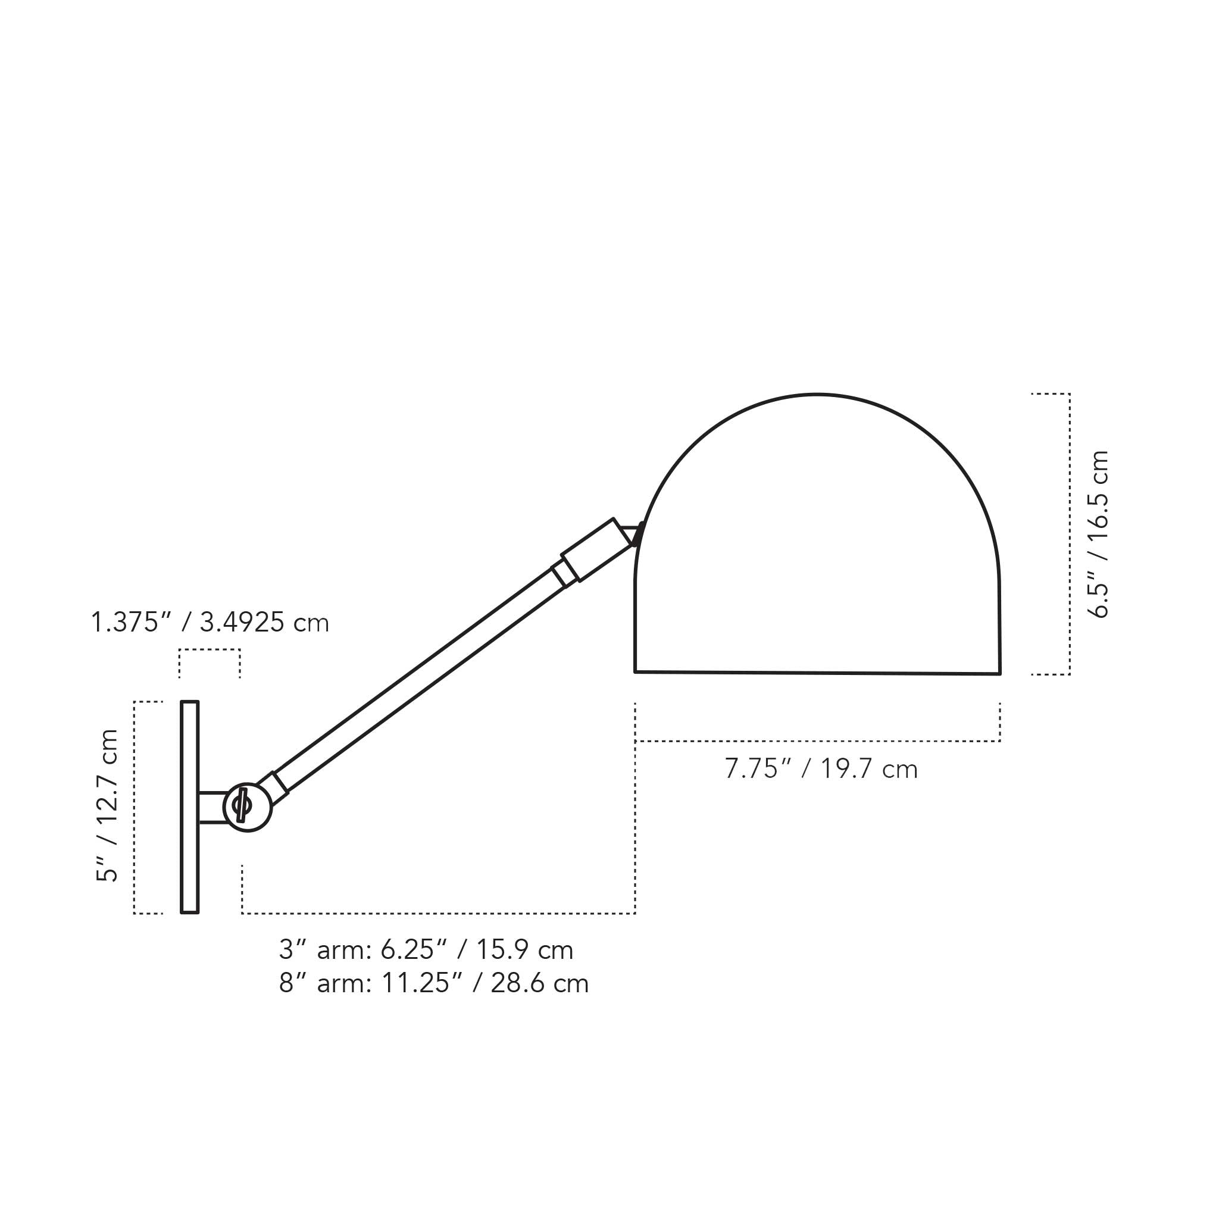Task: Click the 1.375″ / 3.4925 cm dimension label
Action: click(210, 623)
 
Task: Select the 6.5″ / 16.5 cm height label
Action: click(1099, 534)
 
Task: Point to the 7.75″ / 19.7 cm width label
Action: click(820, 769)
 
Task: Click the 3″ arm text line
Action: click(426, 949)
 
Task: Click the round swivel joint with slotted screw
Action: click(248, 807)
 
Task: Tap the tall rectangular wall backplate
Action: click(190, 807)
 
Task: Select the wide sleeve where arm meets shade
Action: click(597, 549)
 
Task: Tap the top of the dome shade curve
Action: click(817, 395)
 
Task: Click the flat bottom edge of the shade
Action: click(817, 673)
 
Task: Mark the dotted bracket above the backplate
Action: click(210, 649)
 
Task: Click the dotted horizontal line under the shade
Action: click(817, 740)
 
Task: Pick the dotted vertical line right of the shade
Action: click(1070, 534)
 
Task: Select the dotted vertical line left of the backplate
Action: click(135, 807)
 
